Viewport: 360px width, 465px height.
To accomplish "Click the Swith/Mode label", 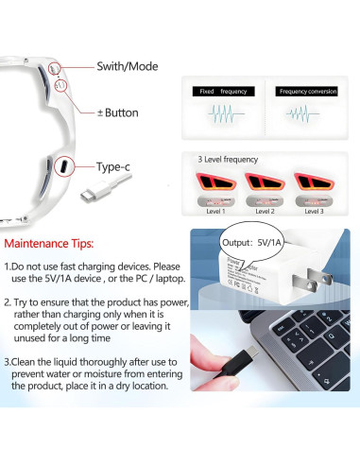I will tap(128, 67).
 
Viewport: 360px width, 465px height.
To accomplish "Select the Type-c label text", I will tap(113, 167).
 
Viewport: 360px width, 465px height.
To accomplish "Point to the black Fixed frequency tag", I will tap(220, 92).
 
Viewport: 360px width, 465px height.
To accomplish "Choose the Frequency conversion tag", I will tap(307, 92).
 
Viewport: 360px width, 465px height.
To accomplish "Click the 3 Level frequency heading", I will tap(228, 160).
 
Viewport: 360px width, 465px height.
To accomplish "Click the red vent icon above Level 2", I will tap(266, 180).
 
